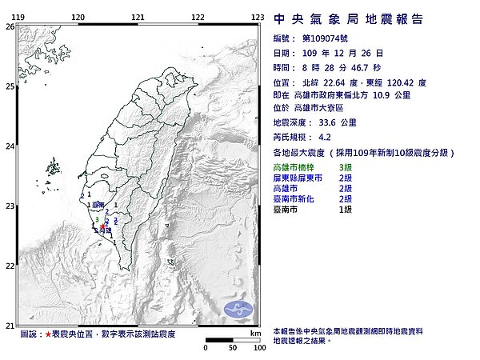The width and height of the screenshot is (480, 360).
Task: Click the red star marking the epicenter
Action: coord(103,228)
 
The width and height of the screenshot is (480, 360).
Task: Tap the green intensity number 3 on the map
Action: coord(98,219)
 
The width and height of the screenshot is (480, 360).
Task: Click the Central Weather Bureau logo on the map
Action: coord(239,309)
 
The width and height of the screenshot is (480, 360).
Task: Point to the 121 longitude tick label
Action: coord(138,17)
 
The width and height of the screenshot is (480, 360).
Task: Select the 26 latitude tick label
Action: coord(10,26)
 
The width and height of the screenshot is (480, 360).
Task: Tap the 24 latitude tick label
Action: coord(10,146)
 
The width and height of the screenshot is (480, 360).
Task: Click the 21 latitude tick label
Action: coord(10,326)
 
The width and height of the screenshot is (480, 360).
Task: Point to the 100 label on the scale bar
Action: coord(258,349)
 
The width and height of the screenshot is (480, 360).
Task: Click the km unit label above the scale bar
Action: coord(255,333)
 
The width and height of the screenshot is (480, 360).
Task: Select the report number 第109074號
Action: coord(327,38)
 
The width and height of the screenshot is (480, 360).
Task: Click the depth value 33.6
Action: coord(328,122)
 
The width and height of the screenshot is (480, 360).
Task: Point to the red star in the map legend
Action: coord(48,334)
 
